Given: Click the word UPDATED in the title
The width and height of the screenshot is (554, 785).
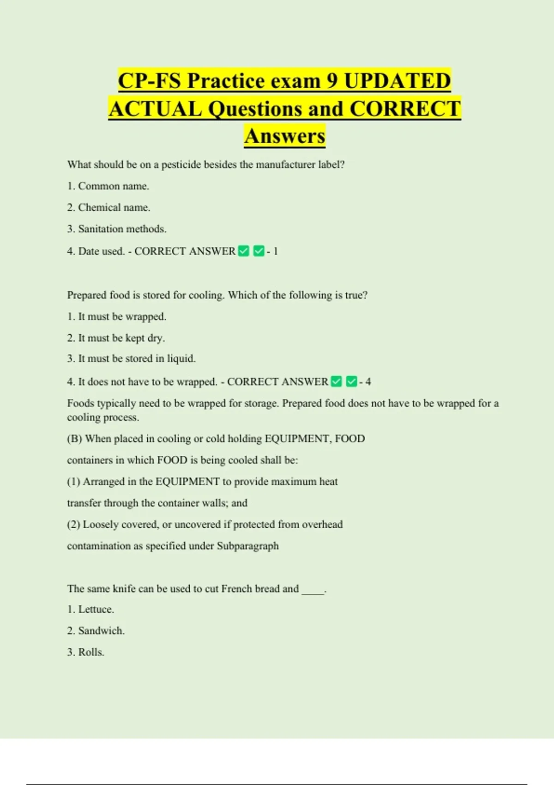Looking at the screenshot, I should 397,81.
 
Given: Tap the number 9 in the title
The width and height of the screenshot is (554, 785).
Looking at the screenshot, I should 332,81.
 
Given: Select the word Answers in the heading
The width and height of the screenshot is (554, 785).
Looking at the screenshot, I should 285,136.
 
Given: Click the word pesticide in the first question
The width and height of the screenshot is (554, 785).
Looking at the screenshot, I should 181,165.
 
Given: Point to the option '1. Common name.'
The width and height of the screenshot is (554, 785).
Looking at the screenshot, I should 108,186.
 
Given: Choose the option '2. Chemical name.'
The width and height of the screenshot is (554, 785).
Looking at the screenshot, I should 108,208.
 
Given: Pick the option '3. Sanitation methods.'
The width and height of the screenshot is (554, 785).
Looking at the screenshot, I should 116,229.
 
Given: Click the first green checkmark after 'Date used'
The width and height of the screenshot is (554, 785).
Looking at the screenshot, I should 244,251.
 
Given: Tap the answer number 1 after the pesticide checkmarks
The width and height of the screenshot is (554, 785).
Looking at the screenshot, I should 276,251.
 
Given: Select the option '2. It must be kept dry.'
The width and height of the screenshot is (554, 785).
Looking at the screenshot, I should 116,338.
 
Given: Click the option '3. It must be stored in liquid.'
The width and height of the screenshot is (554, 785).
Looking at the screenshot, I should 131,359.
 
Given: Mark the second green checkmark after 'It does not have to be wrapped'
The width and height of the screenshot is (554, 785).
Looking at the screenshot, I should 351,382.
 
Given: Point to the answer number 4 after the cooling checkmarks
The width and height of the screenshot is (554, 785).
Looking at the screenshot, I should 368,382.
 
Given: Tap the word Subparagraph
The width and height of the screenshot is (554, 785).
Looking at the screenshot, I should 247,546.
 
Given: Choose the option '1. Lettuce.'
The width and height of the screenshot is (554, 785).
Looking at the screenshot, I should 90,610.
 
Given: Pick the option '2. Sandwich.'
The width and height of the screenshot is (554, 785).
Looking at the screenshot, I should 96,631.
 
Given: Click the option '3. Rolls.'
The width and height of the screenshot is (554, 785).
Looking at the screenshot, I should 85,652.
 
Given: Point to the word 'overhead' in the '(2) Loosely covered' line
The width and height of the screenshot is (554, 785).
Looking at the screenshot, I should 322,525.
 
